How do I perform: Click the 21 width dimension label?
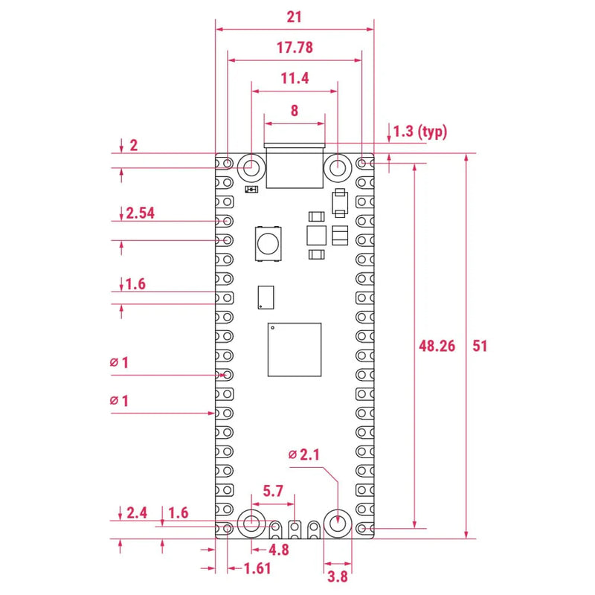tap(295, 16)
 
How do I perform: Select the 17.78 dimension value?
tap(295, 47)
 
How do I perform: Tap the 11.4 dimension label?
tap(295, 78)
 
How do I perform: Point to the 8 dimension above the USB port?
tap(295, 110)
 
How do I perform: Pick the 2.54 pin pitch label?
tap(140, 213)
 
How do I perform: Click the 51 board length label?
tap(480, 346)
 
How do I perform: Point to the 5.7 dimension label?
tap(274, 491)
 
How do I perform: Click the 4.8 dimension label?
tap(277, 550)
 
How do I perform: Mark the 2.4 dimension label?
tap(137, 512)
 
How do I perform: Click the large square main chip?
tap(295, 350)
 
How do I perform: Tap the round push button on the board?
tap(267, 242)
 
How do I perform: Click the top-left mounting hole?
tap(251, 167)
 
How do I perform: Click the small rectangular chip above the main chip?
tap(266, 297)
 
